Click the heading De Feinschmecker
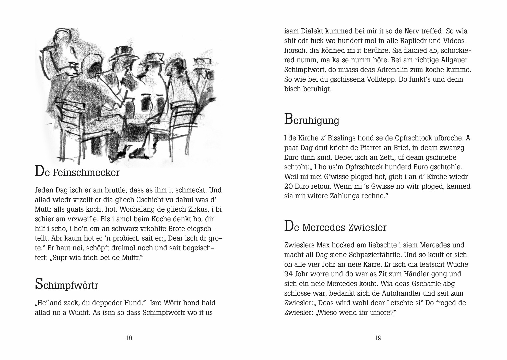[x=77, y=172]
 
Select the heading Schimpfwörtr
[x=66, y=285]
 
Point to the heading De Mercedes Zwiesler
[x=335, y=227]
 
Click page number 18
[x=129, y=338]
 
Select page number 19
[x=378, y=338]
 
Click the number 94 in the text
[x=288, y=274]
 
